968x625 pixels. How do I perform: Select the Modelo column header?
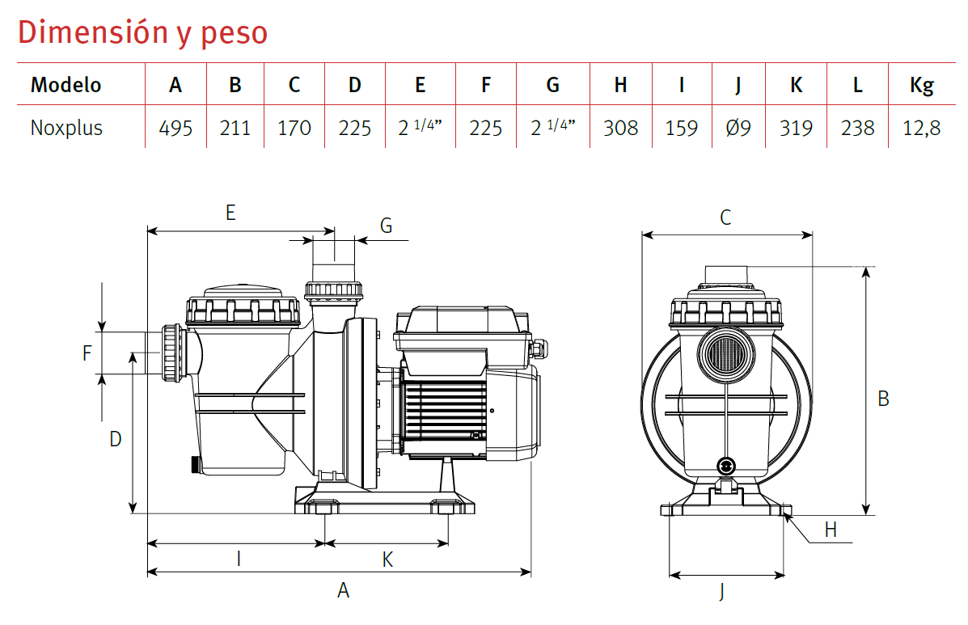pos(66,85)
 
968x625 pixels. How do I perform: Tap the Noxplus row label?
pos(66,128)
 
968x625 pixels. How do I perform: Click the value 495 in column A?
pos(175,128)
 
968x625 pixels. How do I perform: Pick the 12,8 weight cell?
pos(921,128)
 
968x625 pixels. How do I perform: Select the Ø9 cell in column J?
pos(738,128)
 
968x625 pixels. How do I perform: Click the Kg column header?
pos(921,85)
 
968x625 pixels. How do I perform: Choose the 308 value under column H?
pos(620,128)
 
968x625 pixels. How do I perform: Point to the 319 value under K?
pos(796,128)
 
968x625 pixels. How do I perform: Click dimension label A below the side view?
pos(343,590)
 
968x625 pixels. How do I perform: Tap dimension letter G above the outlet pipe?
pos(386,226)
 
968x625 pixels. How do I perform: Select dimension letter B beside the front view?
pos(884,398)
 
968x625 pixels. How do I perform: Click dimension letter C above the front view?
pos(725,217)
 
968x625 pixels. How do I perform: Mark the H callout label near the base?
pos(831,530)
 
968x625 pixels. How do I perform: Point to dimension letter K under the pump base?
pos(387,559)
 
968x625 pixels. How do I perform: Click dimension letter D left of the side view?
pos(116,439)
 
